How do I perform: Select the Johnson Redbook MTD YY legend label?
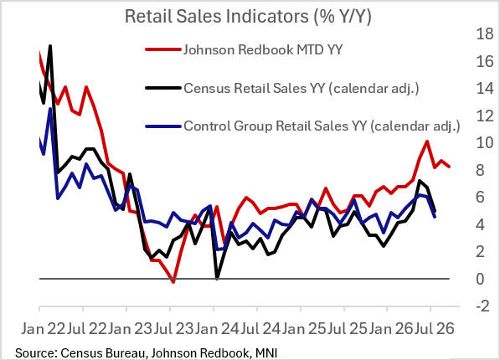263,49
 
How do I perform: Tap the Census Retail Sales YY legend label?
302,88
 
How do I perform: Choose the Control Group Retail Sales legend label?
322,126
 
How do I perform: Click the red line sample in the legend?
163,49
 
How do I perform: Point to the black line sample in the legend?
163,88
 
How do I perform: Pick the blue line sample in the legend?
163,126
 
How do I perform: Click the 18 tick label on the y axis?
485,33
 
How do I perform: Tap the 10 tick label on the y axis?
485,143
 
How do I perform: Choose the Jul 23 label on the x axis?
173,328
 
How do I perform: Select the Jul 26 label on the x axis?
434,328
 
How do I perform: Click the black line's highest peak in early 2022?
50,47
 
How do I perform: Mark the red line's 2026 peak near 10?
426,141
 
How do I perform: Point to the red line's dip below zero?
173,281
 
